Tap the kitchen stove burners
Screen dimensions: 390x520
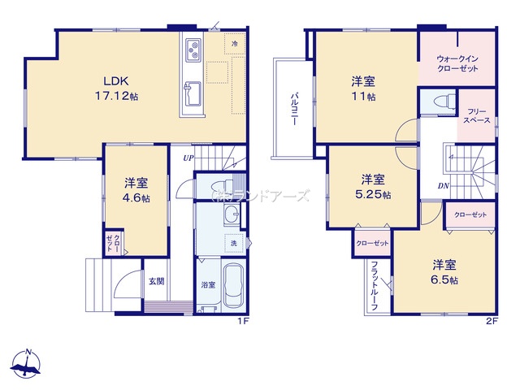195,50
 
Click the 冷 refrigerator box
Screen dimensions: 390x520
235,43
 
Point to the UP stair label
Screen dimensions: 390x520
188,158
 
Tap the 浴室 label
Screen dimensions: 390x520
208,285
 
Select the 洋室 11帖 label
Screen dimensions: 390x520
363,89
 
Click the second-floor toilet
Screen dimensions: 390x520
439,102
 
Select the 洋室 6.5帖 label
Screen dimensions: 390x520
444,272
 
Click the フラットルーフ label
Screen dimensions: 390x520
376,285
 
